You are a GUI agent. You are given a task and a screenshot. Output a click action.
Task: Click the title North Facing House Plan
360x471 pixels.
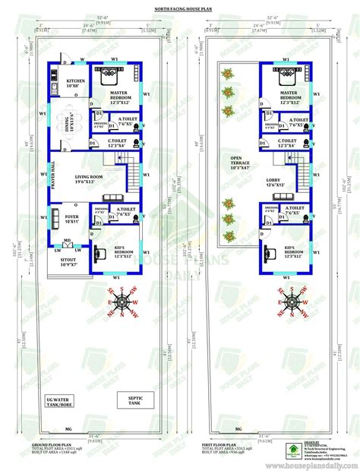(180, 9)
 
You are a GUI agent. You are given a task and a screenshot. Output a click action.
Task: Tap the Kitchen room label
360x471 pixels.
(74, 84)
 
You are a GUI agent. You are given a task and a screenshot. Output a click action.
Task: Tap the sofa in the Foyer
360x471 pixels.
(54, 215)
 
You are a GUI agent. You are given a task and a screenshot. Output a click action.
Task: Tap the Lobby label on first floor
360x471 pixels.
(274, 182)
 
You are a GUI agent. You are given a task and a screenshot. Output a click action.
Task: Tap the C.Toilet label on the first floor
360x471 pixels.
(286, 143)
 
